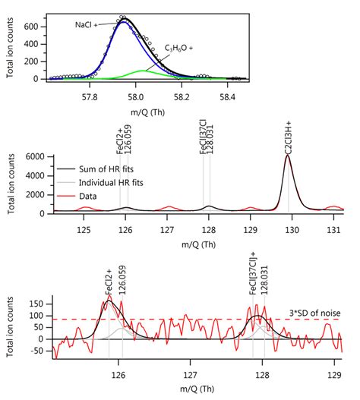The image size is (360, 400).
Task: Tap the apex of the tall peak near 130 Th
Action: tap(288, 156)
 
